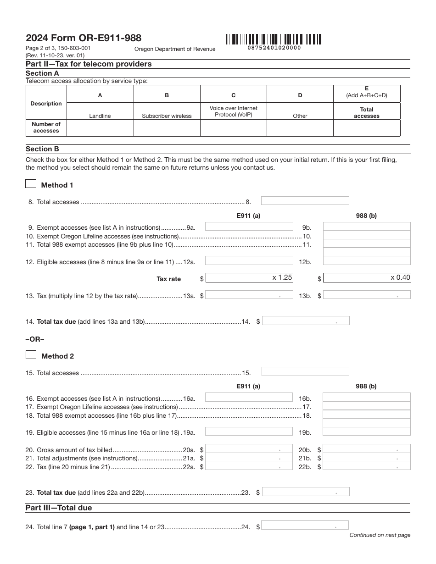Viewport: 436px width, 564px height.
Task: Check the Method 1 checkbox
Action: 31,184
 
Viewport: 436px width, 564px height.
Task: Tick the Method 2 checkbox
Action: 31,355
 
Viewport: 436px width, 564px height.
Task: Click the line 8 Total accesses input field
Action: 305,201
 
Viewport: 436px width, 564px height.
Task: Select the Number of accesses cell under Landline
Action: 100,128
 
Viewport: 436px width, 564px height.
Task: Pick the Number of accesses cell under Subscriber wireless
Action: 167,128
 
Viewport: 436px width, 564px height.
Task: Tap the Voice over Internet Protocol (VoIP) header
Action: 234,111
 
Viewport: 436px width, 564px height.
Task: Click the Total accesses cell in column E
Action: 367,128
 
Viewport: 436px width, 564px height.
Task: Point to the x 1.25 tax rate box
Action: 249,277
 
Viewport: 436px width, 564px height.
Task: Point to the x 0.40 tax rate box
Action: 367,277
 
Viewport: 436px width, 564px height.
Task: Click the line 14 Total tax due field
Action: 306,321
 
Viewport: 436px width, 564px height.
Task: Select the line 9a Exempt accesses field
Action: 249,227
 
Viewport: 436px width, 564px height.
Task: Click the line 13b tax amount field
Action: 367,295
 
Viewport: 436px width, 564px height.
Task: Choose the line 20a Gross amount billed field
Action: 249,449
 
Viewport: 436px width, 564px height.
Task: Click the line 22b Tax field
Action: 367,466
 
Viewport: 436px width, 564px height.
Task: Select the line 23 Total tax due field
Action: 306,492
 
